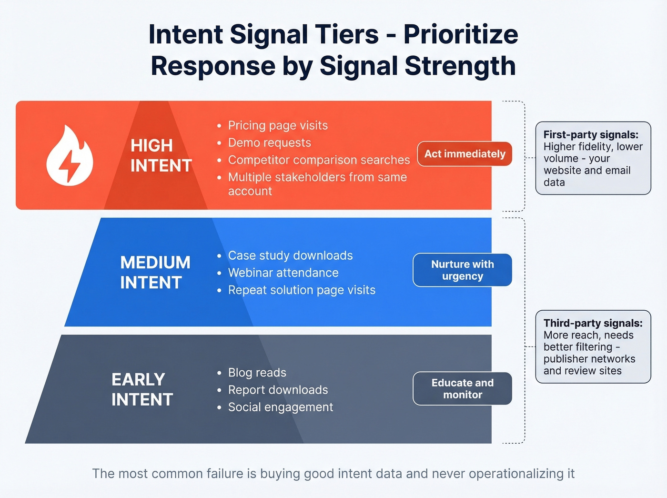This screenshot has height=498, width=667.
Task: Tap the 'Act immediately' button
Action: pyautogui.click(x=465, y=154)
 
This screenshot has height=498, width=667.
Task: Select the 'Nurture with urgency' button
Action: pyautogui.click(x=462, y=270)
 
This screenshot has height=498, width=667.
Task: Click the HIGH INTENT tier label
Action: pyautogui.click(x=161, y=155)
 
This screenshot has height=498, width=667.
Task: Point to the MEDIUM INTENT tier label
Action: pyautogui.click(x=155, y=272)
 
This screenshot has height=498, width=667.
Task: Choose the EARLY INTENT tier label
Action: pyautogui.click(x=142, y=389)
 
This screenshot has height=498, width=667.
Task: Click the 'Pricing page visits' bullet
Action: pyautogui.click(x=278, y=125)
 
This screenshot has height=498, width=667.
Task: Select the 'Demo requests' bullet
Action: pyautogui.click(x=269, y=142)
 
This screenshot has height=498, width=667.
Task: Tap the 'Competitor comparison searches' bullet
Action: pyautogui.click(x=319, y=160)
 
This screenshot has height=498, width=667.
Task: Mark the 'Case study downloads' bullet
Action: pyautogui.click(x=290, y=255)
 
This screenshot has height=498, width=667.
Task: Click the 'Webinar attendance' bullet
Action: pyautogui.click(x=283, y=273)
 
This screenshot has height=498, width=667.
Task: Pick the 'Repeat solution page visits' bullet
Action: pyautogui.click(x=302, y=290)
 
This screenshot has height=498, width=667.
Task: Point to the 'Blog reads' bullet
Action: pyautogui.click(x=257, y=373)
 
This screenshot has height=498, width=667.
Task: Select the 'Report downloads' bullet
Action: pyautogui.click(x=278, y=390)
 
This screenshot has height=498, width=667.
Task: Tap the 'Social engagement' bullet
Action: pyautogui.click(x=280, y=407)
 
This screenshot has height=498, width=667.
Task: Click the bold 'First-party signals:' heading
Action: pyautogui.click(x=590, y=135)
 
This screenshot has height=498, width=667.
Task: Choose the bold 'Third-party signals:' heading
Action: pyautogui.click(x=593, y=323)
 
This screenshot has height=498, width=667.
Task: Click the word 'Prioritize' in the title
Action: pyautogui.click(x=461, y=34)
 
